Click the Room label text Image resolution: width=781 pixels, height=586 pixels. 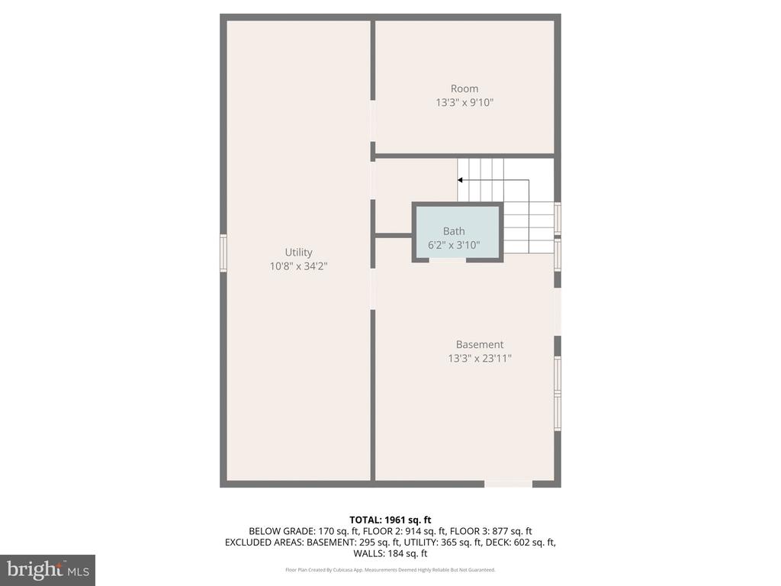464,89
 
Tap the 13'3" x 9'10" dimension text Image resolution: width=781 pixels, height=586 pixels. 464,103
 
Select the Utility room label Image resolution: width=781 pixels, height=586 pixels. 298,253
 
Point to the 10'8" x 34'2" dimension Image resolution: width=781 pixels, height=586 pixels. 298,266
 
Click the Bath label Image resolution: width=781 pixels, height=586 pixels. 454,231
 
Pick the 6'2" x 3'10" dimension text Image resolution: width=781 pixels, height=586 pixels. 454,245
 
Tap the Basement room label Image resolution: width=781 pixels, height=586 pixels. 480,344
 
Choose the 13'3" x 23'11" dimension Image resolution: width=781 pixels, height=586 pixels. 480,359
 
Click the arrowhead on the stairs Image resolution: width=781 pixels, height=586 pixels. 460,180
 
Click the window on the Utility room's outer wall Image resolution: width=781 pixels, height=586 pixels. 223,253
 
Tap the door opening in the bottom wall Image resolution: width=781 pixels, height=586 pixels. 508,484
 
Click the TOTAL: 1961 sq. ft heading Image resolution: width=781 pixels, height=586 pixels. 390,520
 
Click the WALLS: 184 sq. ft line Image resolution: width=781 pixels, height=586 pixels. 390,553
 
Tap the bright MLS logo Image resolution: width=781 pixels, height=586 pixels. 48,569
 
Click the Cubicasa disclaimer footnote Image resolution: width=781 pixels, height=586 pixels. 390,569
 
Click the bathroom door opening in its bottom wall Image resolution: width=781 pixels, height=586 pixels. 447,259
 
